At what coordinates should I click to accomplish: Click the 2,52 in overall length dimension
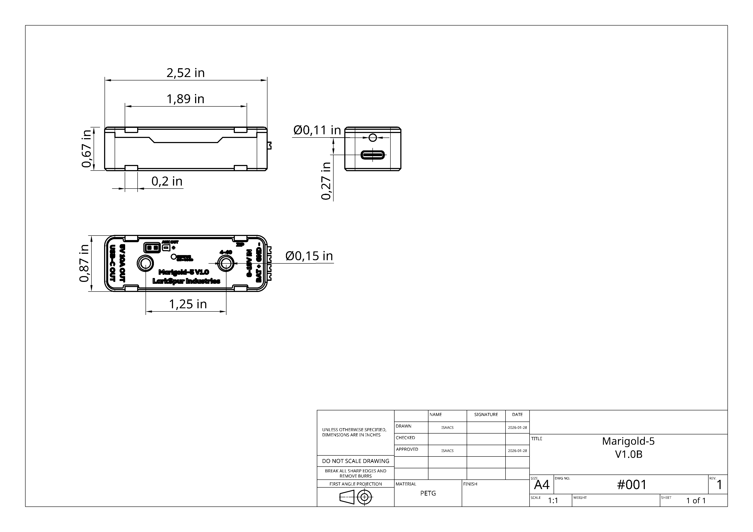coord(186,73)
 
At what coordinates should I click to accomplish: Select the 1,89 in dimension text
coord(186,99)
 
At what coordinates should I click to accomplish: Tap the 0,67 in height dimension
coord(86,148)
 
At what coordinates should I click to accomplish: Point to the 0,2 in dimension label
coord(167,181)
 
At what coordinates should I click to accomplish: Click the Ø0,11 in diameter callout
coord(317,130)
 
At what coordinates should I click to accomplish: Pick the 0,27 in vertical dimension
coord(326,181)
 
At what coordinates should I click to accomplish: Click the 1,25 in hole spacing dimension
coord(188,304)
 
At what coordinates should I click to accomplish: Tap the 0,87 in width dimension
coord(84,263)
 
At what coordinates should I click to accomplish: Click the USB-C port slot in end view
coord(373,155)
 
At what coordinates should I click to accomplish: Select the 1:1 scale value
coord(553,500)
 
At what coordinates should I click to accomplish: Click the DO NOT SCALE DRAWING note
coord(355,461)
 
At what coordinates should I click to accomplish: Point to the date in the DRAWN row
coord(517,428)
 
